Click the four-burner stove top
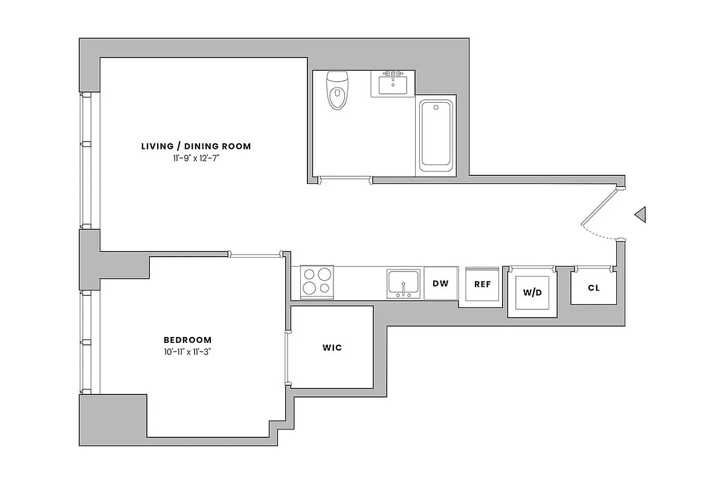(x=317, y=281)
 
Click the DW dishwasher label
(x=440, y=283)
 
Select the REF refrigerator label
(x=482, y=284)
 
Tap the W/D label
(x=532, y=293)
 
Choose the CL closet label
(x=593, y=288)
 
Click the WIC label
(x=332, y=347)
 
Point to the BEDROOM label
(x=188, y=340)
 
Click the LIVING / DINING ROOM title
(x=196, y=146)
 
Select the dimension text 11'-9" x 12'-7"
(x=196, y=158)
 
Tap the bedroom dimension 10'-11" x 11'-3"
(x=188, y=352)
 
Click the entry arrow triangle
(x=641, y=214)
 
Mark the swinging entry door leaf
(x=599, y=206)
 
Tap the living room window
(x=86, y=160)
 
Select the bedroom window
(x=86, y=342)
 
